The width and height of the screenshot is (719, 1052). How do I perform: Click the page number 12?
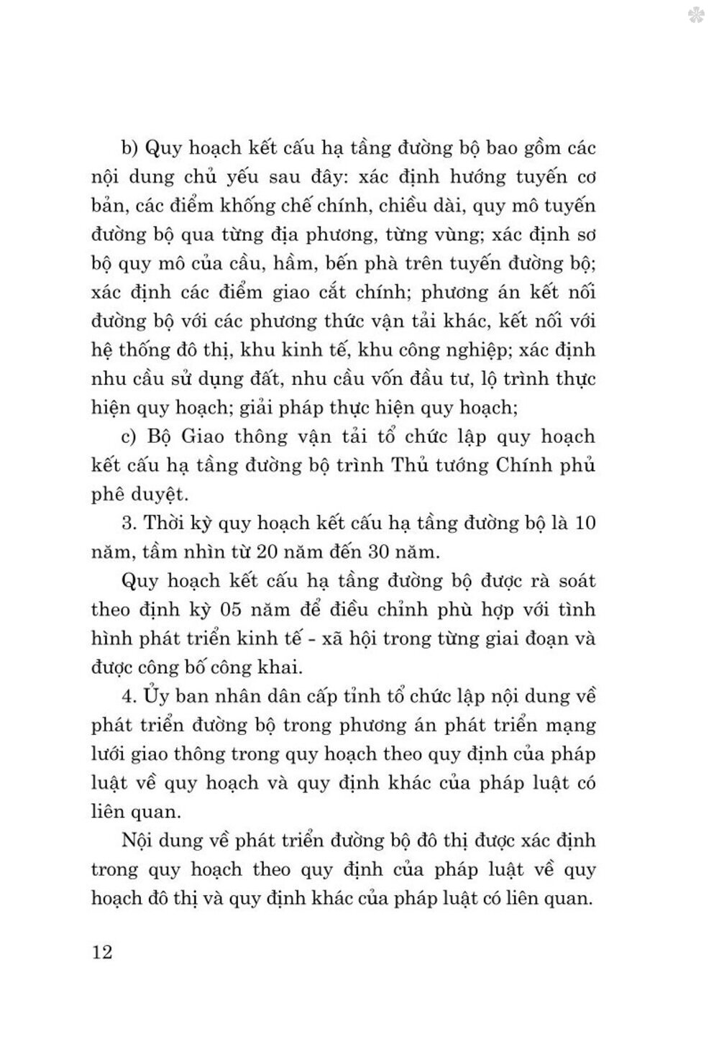click(103, 953)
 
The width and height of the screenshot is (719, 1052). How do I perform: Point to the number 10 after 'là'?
click(585, 523)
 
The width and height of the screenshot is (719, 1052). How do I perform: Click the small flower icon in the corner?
click(695, 16)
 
